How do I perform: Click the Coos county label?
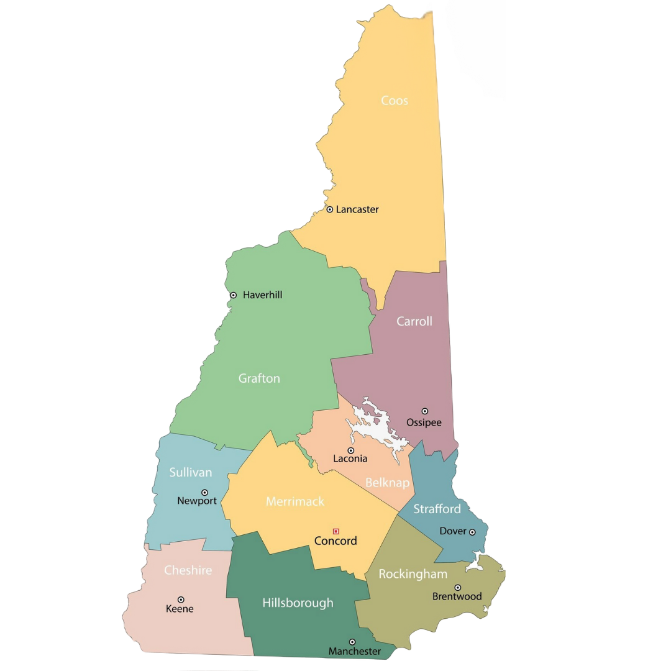395,101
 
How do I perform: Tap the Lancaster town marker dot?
330,209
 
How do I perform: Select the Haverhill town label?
262,295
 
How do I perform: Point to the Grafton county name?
259,378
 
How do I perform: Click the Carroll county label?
414,322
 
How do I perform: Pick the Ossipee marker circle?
425,411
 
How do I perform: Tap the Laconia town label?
350,459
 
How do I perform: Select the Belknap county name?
387,483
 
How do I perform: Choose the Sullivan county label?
191,473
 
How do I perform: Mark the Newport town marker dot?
204,493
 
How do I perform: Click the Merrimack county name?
295,501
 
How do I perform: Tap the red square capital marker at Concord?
336,531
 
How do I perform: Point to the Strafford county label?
437,509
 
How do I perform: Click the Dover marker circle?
472,532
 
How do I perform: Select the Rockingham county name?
413,574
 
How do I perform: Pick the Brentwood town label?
457,596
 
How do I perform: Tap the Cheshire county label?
188,570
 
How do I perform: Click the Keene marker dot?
181,600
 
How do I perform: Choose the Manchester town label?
355,651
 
